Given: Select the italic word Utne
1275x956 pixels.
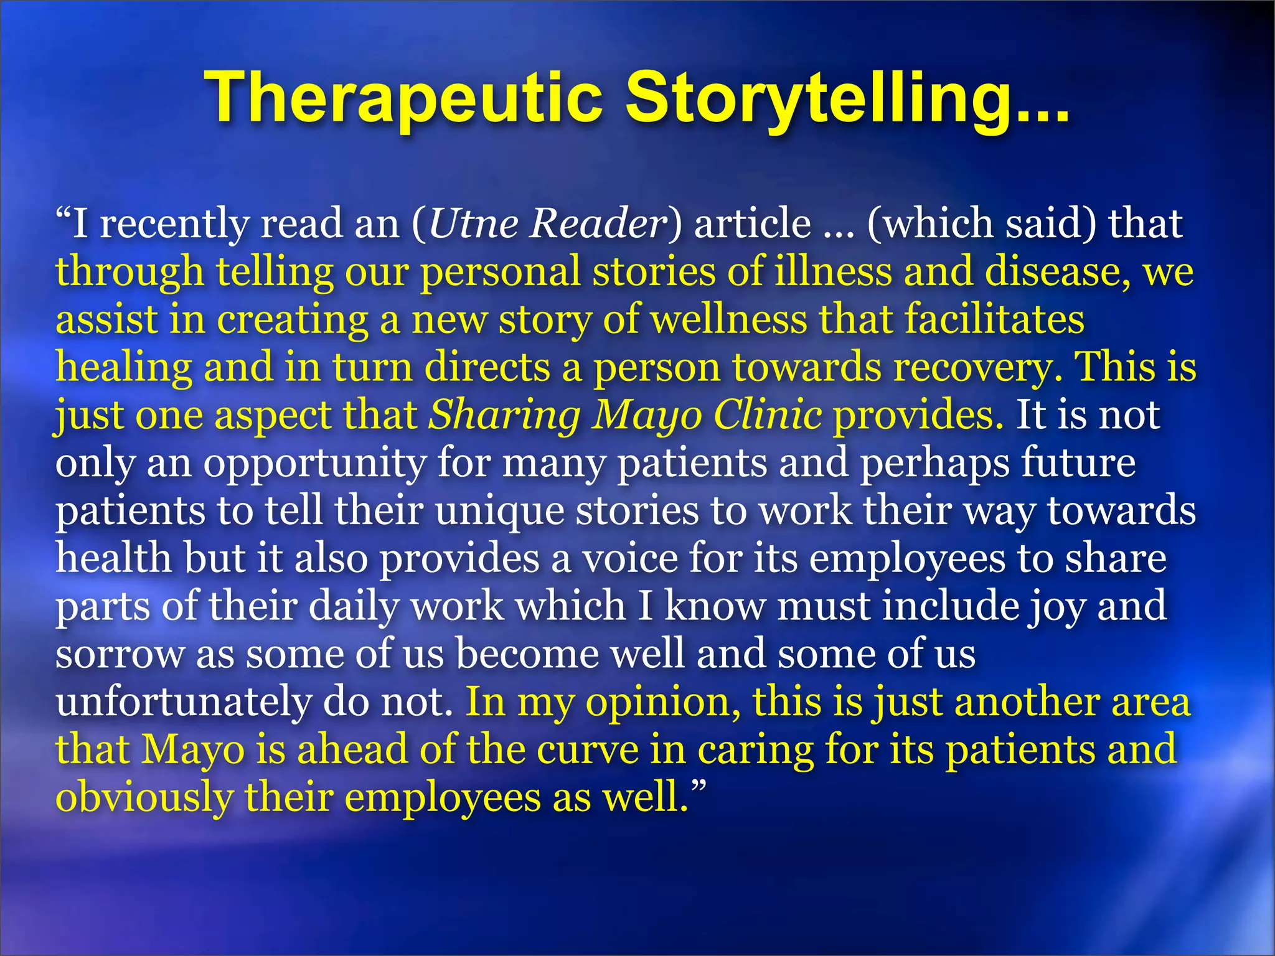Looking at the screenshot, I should [x=473, y=224].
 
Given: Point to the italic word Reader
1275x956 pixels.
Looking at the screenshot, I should [x=598, y=224].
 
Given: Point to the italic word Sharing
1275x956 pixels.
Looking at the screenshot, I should [x=504, y=416].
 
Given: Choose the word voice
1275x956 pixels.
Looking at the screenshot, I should [x=629, y=559].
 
